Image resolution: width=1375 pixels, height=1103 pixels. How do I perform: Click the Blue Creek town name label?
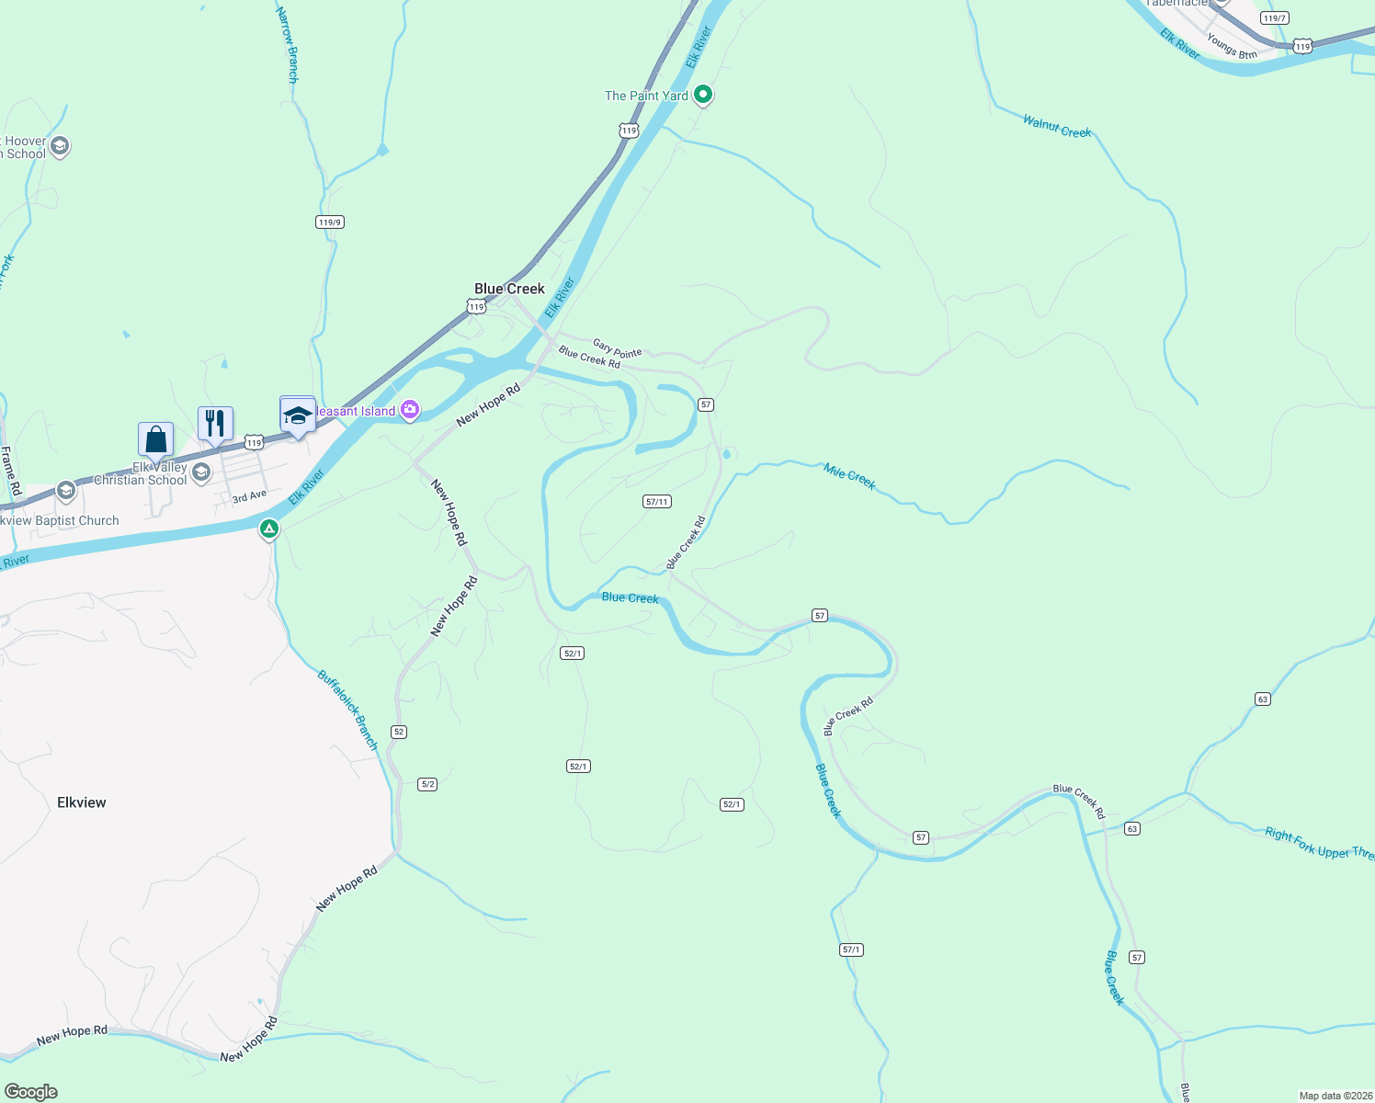(509, 289)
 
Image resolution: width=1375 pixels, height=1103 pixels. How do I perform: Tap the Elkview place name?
(82, 802)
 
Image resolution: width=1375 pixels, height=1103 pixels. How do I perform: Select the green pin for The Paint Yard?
(703, 94)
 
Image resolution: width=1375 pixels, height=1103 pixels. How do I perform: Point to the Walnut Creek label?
(1057, 126)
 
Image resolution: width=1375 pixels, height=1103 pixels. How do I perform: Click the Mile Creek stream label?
(849, 477)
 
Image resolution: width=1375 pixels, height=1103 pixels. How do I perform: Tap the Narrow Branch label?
(288, 45)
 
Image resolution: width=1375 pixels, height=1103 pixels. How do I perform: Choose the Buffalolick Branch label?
(347, 709)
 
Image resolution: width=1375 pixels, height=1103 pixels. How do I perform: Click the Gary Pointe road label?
(617, 348)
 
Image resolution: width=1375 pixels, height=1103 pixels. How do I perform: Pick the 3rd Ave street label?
(249, 496)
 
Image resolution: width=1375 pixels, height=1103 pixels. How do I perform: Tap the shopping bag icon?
(156, 438)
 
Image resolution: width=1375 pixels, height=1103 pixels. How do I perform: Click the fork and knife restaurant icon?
(215, 423)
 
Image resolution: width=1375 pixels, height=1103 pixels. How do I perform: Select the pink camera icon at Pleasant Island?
(410, 410)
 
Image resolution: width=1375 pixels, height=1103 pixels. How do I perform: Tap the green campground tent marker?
(268, 529)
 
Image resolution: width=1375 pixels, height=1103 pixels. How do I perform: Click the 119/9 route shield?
(329, 222)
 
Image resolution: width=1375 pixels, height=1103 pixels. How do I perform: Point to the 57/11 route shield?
(657, 502)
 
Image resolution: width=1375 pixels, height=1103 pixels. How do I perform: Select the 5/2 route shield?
(427, 784)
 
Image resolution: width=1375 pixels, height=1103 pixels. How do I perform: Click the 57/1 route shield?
(851, 949)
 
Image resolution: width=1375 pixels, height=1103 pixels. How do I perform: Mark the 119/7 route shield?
(1275, 18)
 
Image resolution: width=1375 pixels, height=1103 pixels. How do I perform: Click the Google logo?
(31, 1092)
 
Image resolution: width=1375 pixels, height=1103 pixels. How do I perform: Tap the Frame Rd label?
(10, 472)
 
